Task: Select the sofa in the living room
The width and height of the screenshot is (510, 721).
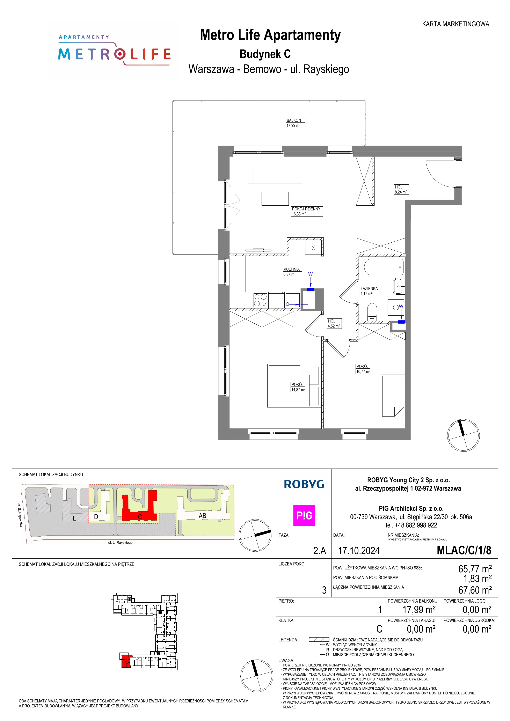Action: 275,173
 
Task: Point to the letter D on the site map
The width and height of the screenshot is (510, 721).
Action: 96,517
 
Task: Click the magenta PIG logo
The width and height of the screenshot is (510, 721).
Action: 304,515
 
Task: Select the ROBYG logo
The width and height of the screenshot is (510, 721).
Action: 304,484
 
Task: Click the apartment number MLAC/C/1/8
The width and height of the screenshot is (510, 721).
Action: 464,551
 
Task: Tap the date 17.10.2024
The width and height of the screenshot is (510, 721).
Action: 359,551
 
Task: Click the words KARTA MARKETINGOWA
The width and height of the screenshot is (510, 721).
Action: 455,24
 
